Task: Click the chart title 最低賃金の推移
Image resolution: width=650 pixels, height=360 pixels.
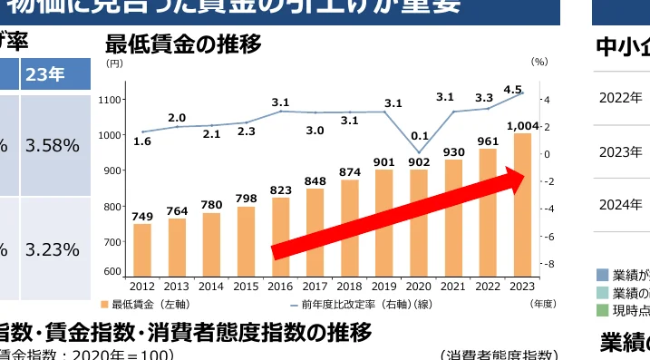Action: coord(183,44)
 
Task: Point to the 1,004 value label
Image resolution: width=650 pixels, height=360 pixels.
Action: coord(523,125)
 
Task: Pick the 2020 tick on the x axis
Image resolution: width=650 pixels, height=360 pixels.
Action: coord(419,287)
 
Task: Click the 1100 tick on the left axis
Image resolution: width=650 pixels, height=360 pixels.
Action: coord(112,99)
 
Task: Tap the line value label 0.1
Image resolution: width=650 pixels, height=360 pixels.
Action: coord(419,136)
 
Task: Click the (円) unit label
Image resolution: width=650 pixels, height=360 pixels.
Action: coord(113,63)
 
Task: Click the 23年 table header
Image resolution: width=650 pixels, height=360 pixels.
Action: coord(44,74)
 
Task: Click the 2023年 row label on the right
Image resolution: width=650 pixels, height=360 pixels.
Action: coord(620,151)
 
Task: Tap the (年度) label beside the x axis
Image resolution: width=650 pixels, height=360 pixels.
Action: coord(542,304)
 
